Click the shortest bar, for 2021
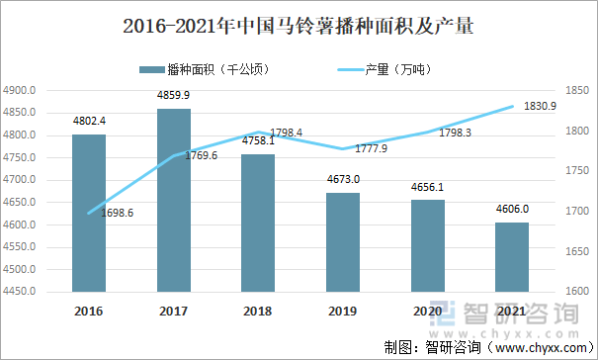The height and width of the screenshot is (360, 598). tap(512, 257)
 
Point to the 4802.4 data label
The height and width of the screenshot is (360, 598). tap(89, 122)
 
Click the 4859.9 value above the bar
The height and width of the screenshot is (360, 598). tap(174, 95)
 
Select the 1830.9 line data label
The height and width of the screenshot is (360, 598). tap(540, 106)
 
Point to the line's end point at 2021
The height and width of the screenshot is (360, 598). tap(512, 107)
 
